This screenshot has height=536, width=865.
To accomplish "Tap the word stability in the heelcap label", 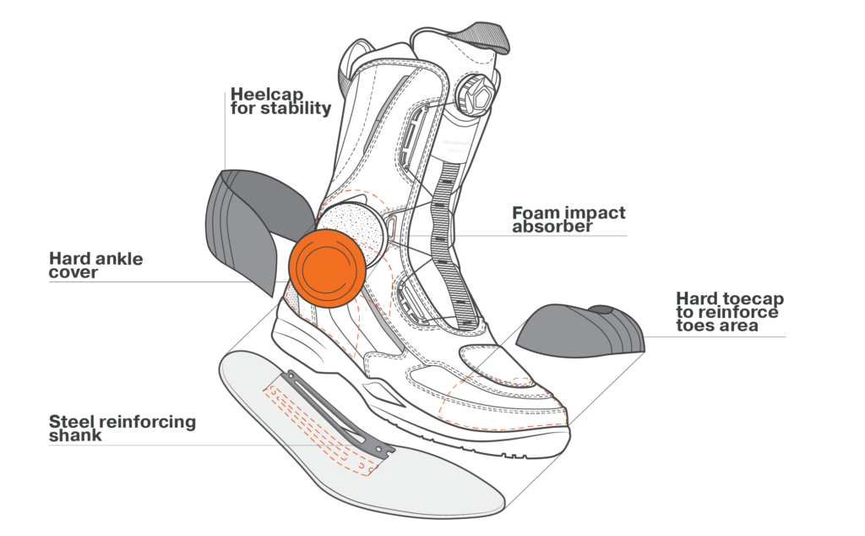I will tap(296, 110).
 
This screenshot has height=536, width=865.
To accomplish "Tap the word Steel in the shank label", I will tap(71, 421).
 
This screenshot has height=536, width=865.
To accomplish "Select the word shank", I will tap(76, 435).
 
